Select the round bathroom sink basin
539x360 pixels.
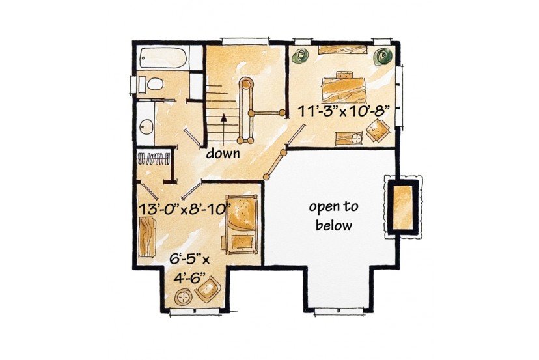(146, 127)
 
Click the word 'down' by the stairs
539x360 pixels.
(223, 153)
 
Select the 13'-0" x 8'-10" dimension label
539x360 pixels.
(184, 209)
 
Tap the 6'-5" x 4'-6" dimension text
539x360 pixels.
(189, 268)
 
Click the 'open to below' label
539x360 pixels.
(333, 216)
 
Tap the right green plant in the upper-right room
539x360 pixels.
(382, 56)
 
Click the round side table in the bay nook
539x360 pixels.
(184, 297)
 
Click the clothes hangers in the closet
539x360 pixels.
(154, 159)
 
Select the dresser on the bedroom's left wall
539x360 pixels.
(148, 237)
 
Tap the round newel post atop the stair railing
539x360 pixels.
(246, 83)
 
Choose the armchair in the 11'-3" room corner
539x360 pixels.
(378, 130)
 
